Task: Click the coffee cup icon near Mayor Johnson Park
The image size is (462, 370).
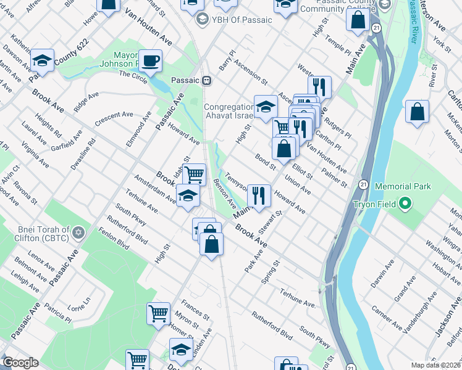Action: (x=150, y=60)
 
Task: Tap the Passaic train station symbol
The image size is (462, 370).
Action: (x=208, y=80)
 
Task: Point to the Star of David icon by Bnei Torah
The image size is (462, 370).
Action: (x=78, y=233)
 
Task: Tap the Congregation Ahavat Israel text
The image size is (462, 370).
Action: (x=229, y=112)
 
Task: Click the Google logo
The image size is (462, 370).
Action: (x=20, y=363)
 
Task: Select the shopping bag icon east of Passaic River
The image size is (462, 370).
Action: (x=418, y=113)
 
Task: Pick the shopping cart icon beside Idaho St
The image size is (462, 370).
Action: (x=194, y=174)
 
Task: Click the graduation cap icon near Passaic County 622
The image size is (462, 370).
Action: (x=42, y=60)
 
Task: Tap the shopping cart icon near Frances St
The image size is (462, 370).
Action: (x=159, y=313)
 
